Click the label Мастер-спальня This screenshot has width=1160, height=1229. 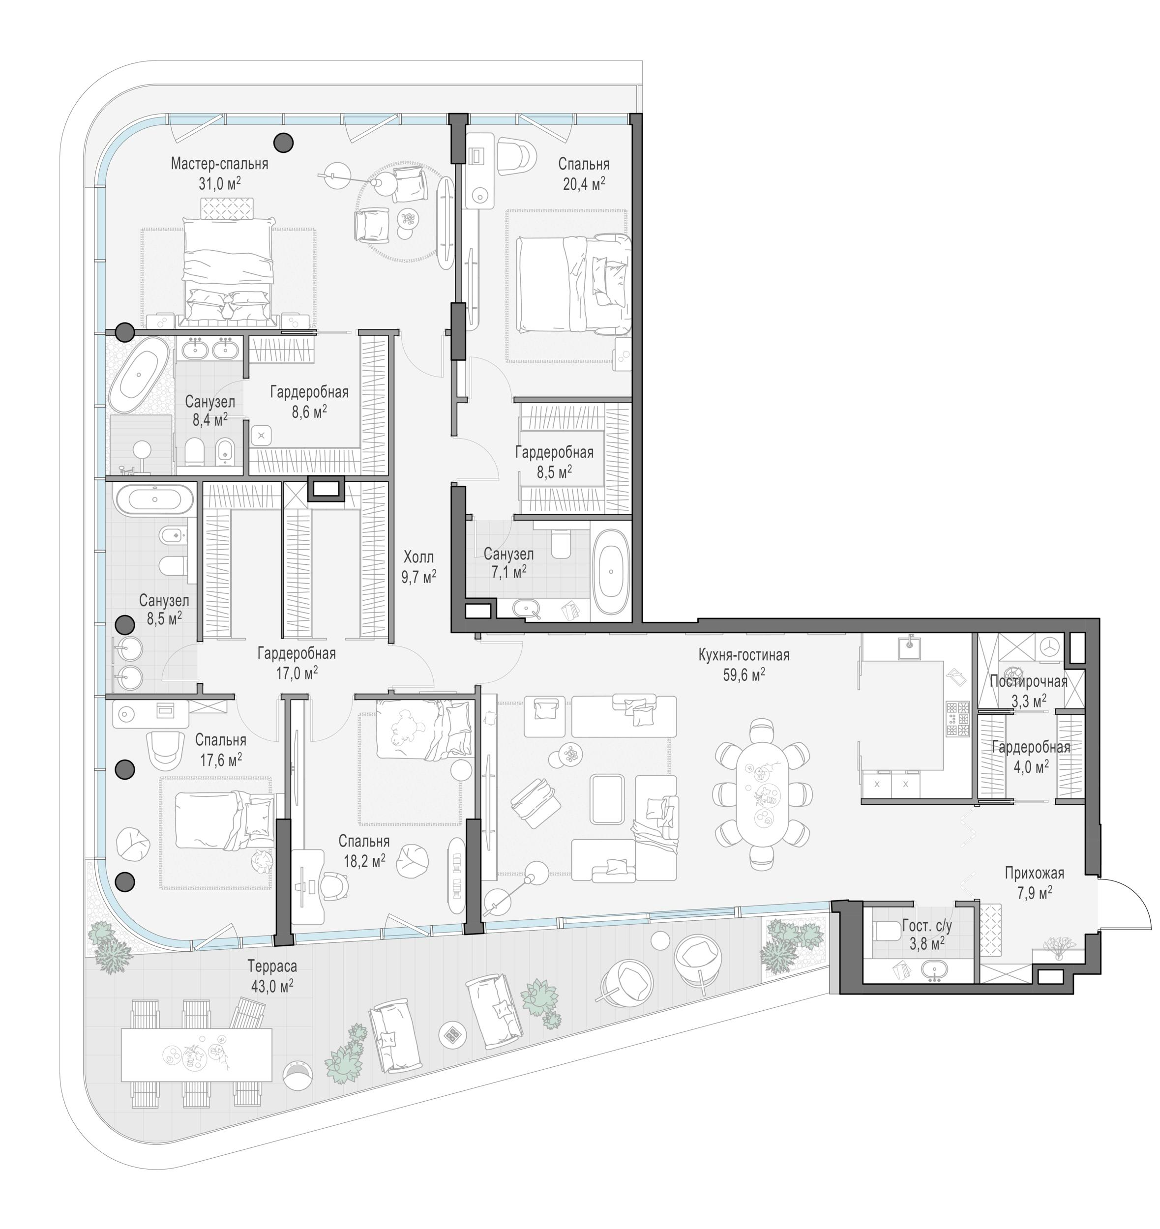tap(219, 164)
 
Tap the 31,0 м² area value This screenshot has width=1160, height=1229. tap(219, 183)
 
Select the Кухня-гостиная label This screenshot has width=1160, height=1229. tap(744, 655)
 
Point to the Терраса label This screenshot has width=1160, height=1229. tap(272, 966)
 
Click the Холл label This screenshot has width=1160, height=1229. tap(418, 556)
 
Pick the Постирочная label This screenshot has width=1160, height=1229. tap(1029, 681)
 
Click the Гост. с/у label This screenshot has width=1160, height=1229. tap(927, 926)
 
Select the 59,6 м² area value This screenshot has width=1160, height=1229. tap(744, 674)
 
